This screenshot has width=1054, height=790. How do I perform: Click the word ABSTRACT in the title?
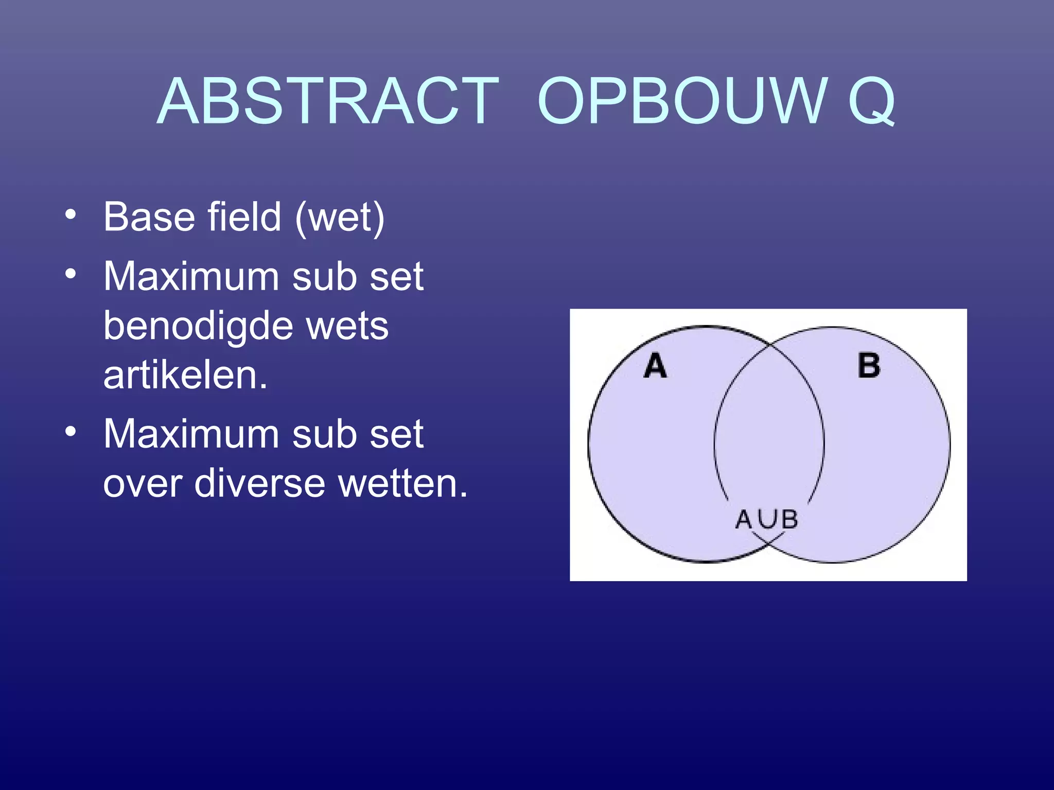coord(328,101)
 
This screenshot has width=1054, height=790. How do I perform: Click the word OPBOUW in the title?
coord(682,101)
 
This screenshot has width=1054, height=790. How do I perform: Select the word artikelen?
coord(185,375)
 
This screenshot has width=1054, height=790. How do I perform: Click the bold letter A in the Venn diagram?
coord(655,366)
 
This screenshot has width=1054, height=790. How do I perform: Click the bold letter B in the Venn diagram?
coord(869,366)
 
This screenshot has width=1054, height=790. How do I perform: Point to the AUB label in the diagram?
coord(766,519)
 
